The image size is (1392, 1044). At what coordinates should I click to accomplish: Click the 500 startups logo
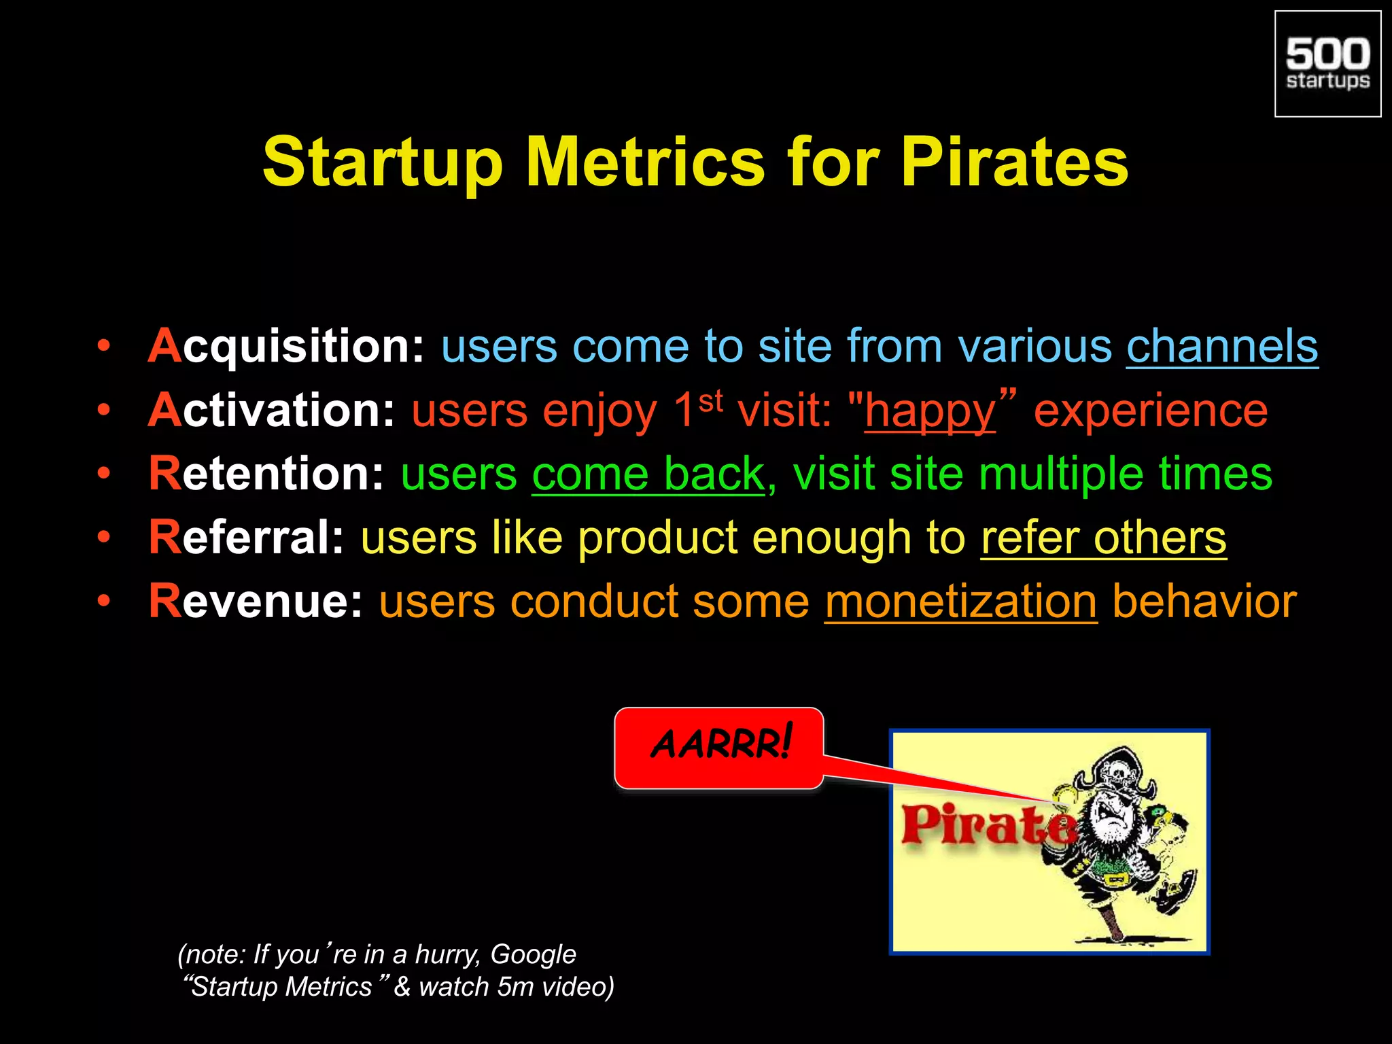click(1327, 64)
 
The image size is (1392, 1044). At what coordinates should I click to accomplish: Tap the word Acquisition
click(286, 346)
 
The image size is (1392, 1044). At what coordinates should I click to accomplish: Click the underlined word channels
click(1222, 346)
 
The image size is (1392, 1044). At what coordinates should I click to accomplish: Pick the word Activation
click(271, 410)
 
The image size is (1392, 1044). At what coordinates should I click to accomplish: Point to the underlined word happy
click(929, 411)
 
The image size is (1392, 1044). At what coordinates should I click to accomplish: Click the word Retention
click(266, 473)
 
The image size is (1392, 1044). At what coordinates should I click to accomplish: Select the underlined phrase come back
click(648, 473)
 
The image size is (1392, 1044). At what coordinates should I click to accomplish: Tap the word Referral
click(247, 537)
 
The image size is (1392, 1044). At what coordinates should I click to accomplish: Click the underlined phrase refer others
click(1103, 537)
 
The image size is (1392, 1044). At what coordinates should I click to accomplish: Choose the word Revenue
click(256, 601)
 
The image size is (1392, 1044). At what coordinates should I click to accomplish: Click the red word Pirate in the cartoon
click(987, 826)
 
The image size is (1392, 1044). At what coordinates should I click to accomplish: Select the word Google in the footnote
click(533, 954)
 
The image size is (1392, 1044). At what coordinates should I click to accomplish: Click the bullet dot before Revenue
click(103, 601)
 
